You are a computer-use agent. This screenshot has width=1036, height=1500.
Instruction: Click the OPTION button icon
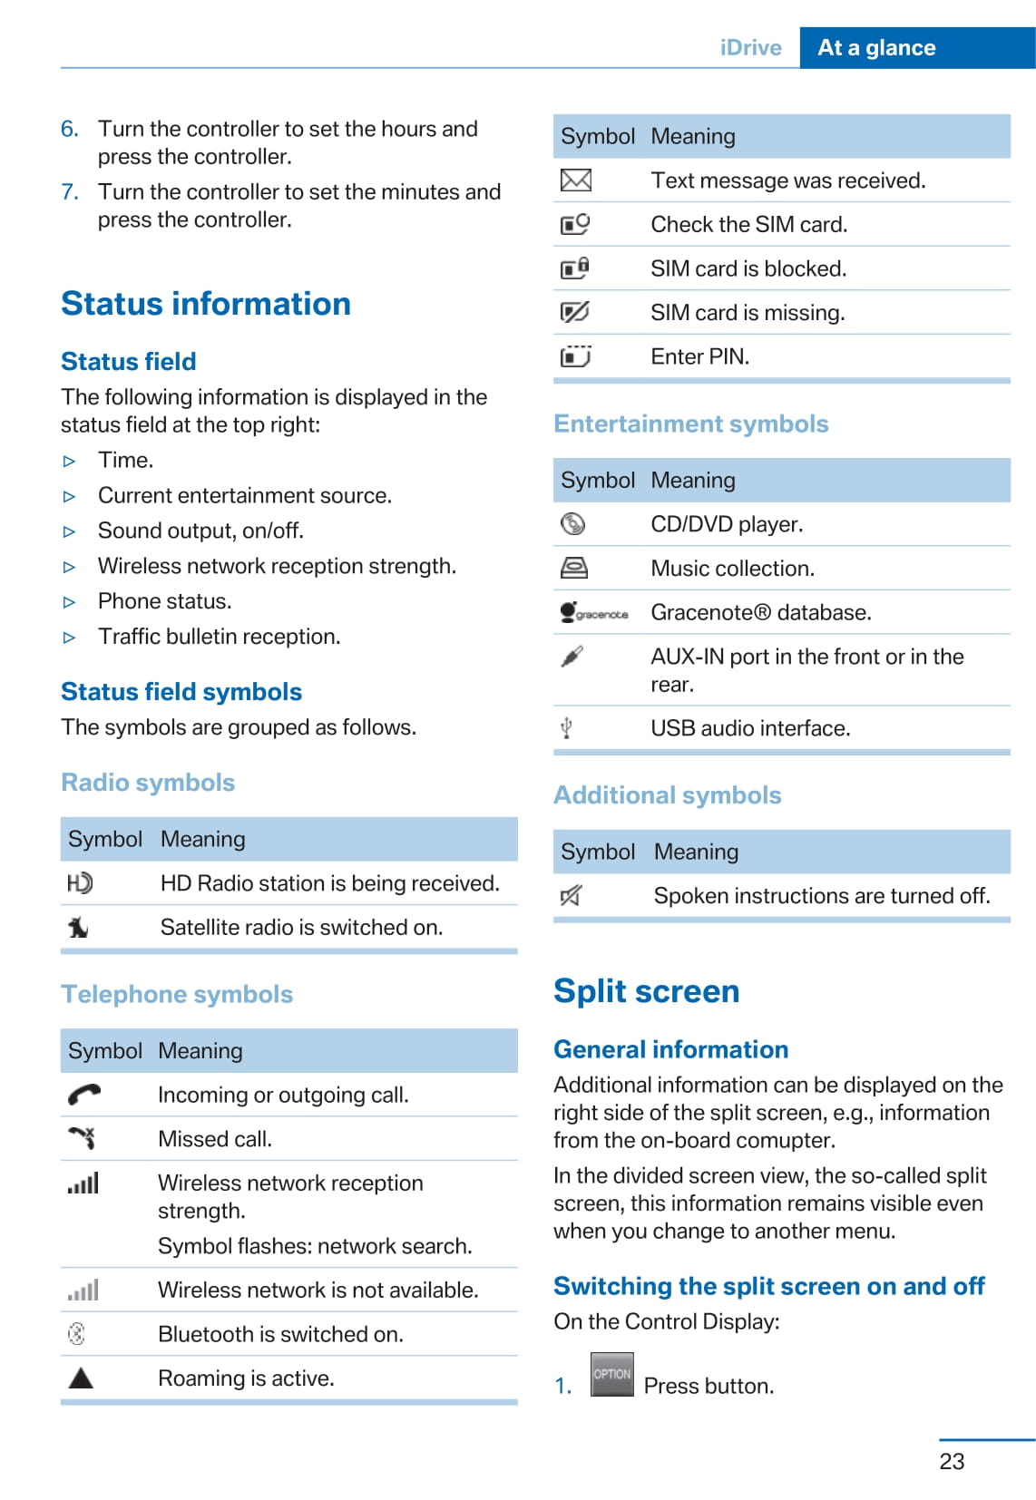coord(611,1374)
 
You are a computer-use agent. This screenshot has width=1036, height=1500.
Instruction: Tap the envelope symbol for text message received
coord(576,180)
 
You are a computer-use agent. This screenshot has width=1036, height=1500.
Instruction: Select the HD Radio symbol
coord(80,882)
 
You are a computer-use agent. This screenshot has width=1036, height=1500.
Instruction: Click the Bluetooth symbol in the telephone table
coord(77,1333)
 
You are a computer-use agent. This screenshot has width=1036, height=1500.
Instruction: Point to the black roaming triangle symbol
coord(81,1378)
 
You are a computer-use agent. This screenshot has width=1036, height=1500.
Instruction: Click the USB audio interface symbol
coord(566,727)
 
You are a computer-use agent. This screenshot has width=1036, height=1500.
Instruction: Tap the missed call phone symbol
coord(82,1137)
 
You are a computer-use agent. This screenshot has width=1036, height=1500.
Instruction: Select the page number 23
coord(952,1461)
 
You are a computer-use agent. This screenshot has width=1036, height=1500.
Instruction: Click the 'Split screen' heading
coord(646,991)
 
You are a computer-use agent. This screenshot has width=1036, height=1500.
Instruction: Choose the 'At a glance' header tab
coord(876,48)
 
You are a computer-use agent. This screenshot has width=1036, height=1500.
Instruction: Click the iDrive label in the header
coord(750,48)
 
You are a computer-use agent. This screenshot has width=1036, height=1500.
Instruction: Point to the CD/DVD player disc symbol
coord(573,524)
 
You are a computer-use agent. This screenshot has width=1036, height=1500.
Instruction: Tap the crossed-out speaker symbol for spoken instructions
coord(571,896)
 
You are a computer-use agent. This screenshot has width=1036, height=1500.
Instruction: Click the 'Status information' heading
coord(206,304)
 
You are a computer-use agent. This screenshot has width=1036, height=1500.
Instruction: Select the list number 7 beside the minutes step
coord(70,192)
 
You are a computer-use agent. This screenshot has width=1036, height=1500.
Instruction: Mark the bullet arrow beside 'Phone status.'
coord(70,602)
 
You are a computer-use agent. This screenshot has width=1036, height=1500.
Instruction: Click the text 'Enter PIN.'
coord(699,356)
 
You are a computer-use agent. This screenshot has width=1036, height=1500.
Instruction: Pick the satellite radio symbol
coord(79,927)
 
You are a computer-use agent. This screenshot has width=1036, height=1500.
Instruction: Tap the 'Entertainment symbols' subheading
coord(690,424)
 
